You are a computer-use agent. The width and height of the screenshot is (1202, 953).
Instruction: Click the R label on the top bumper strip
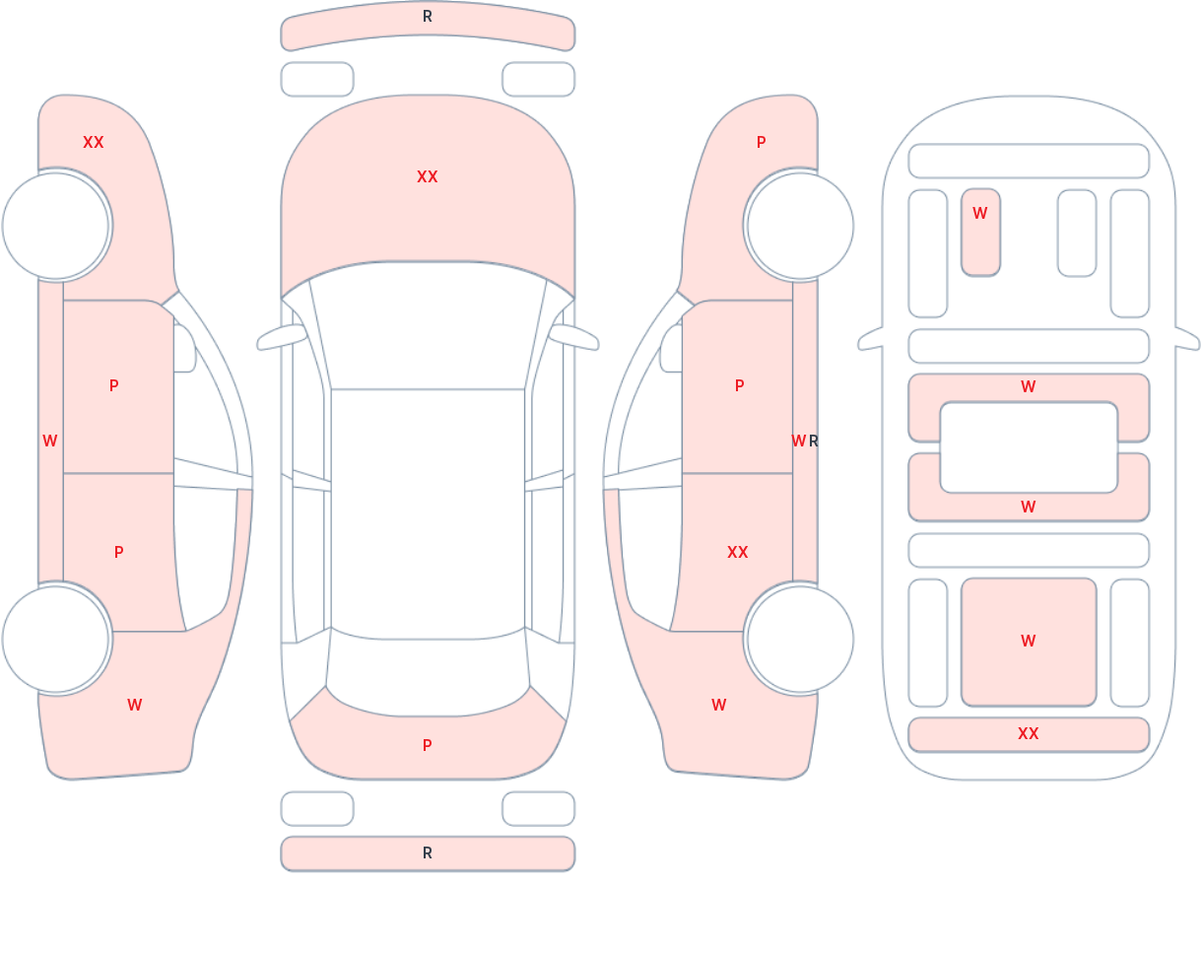click(x=428, y=17)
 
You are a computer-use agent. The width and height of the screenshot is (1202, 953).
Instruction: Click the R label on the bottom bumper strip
click(x=428, y=853)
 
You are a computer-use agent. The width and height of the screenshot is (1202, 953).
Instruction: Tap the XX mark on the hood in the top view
click(x=428, y=177)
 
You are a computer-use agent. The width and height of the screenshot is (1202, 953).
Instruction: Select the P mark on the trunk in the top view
click(x=428, y=745)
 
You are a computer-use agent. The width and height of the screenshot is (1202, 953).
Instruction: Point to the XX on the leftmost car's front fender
click(x=94, y=143)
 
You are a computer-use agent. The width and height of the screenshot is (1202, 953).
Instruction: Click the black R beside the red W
click(x=813, y=442)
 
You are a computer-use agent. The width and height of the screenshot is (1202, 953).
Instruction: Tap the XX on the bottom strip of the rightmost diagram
click(x=1029, y=733)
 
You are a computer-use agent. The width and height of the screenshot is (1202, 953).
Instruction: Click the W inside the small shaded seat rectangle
click(x=979, y=213)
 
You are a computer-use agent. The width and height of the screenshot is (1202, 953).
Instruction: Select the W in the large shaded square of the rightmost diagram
click(x=1029, y=641)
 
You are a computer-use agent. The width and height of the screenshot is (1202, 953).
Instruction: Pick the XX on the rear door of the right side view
click(x=738, y=553)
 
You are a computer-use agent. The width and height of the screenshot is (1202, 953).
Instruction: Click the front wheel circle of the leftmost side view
click(x=56, y=226)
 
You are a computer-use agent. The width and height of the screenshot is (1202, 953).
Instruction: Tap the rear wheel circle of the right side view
click(x=800, y=639)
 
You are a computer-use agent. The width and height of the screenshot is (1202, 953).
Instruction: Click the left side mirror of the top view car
click(x=282, y=337)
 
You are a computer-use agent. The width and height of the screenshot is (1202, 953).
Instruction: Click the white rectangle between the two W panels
click(x=1029, y=447)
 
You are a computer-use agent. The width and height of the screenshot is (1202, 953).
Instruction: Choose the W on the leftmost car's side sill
click(x=49, y=442)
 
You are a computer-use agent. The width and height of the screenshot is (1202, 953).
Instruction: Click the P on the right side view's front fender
click(x=762, y=143)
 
